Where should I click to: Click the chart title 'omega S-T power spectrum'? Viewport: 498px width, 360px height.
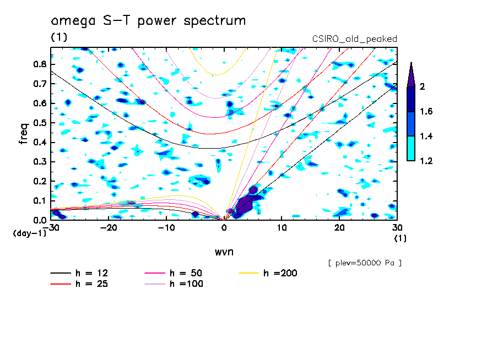[x=148, y=21]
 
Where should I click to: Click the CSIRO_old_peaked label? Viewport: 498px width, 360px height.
[x=354, y=39]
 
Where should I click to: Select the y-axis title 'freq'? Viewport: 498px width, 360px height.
[x=23, y=133]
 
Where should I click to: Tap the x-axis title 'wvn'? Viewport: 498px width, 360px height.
[x=224, y=252]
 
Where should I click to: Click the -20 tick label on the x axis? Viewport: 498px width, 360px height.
[x=109, y=228]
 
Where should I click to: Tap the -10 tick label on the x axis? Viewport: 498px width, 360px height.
[x=166, y=228]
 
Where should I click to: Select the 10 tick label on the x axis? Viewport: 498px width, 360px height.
[x=282, y=228]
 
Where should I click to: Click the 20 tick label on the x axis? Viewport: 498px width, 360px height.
[x=339, y=228]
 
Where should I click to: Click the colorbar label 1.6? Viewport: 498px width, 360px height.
[x=426, y=112]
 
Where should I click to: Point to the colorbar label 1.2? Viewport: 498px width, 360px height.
[x=426, y=161]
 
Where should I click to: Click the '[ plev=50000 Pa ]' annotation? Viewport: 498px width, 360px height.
[x=365, y=263]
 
